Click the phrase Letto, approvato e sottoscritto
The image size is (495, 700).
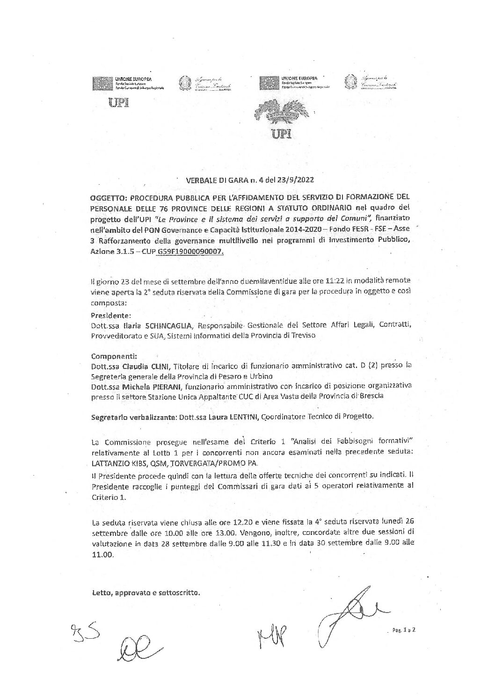coord(146,593)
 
